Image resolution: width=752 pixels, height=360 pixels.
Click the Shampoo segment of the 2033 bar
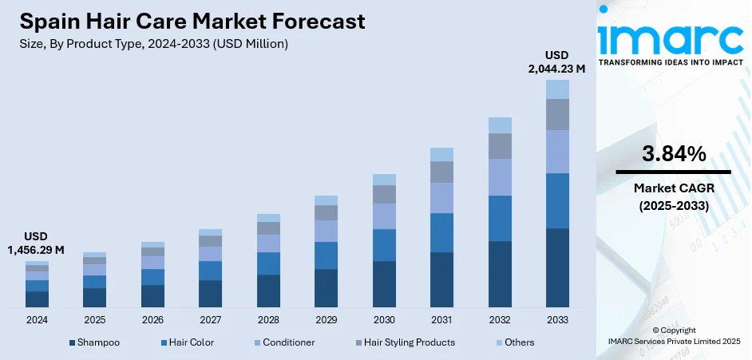click(x=557, y=267)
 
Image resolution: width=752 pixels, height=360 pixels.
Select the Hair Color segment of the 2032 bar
click(x=500, y=218)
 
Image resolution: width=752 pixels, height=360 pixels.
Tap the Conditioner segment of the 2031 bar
click(x=441, y=197)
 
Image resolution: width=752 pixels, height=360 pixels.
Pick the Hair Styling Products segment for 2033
click(x=557, y=114)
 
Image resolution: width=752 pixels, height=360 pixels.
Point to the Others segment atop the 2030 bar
click(x=384, y=180)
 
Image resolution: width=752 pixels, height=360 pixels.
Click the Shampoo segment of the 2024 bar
click(x=37, y=299)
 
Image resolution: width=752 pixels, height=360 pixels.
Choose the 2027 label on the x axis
click(x=210, y=320)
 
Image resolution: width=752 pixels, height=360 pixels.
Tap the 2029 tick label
click(x=326, y=320)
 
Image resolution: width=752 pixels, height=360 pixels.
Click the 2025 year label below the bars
click(x=94, y=320)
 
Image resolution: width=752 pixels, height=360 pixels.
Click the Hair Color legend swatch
click(x=164, y=342)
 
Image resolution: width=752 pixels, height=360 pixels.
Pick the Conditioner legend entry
click(x=283, y=342)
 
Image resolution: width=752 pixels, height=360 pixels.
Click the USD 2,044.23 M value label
click(x=557, y=62)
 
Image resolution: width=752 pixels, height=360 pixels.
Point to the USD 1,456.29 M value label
click(x=37, y=243)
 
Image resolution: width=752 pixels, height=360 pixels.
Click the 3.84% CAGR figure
click(x=673, y=154)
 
